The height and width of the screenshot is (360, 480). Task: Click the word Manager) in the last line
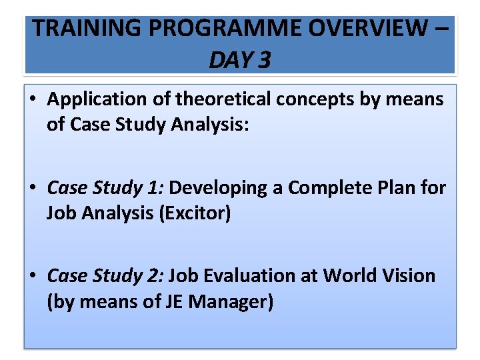point(231,302)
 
